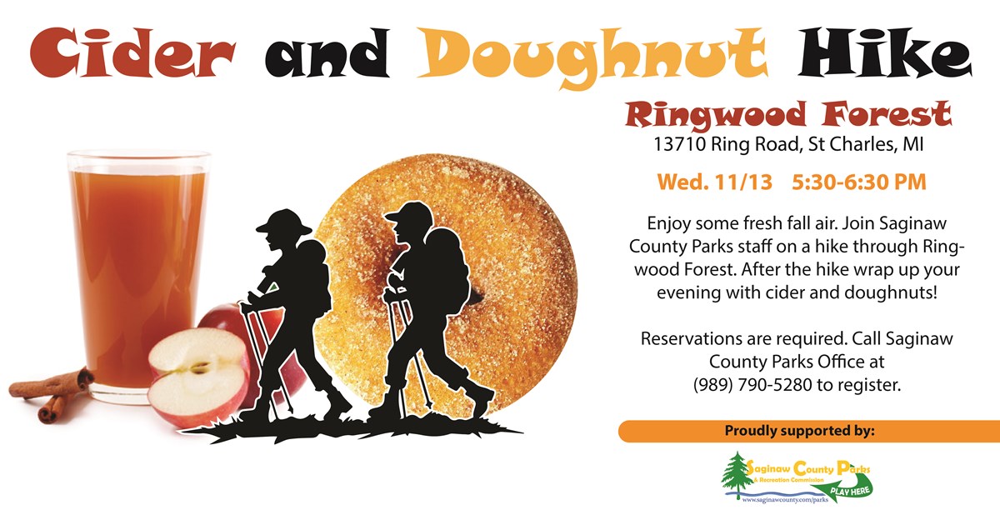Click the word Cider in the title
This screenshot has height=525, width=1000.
132,52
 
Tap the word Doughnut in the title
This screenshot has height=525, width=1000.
592,56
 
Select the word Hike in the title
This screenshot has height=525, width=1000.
885,52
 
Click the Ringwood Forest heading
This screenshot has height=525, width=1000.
788,115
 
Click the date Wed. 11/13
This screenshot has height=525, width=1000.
715,182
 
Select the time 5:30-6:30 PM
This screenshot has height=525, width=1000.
859,182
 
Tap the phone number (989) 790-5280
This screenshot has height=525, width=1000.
752,385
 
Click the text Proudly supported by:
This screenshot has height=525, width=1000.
799,431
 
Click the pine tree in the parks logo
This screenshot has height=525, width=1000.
737,474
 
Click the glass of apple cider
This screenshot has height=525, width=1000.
138,276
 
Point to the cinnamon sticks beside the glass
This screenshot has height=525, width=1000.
52,393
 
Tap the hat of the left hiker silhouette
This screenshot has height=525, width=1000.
284,222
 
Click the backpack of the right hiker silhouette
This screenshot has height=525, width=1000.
448,271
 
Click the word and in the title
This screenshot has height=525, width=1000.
327,53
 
